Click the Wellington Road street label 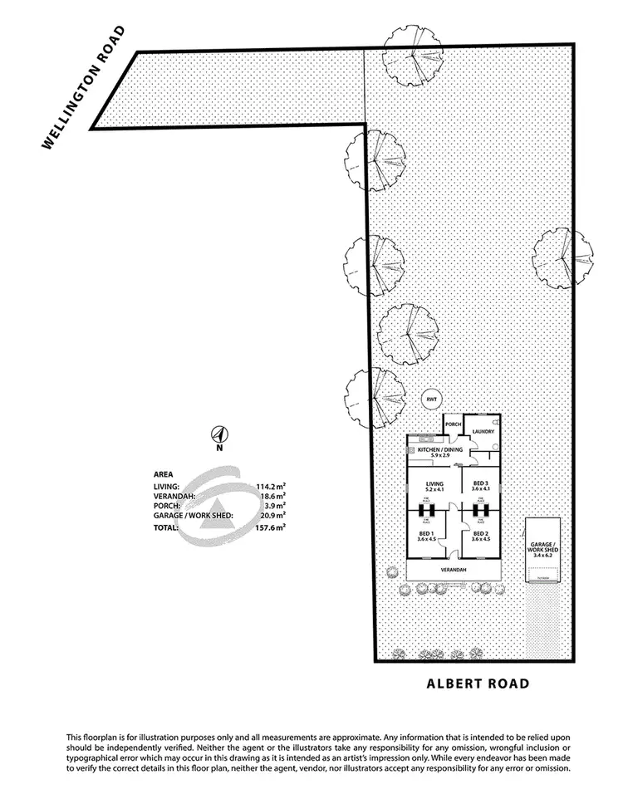tap(84, 87)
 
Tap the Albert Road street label tap(477, 684)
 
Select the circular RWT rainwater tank tap(431, 399)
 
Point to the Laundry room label tap(483, 432)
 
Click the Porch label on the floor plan tap(454, 424)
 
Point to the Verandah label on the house tap(454, 571)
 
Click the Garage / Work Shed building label tap(545, 549)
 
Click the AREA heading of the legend tap(164, 475)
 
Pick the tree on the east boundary tap(564, 258)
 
